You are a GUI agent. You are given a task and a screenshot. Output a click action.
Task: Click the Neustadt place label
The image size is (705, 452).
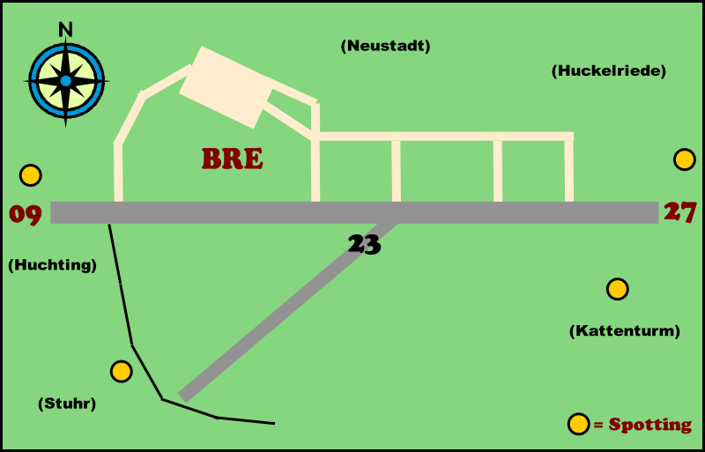385,47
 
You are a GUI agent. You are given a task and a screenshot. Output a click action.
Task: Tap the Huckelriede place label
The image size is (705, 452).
608,71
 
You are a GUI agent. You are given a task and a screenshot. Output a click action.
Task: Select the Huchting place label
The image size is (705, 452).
52,264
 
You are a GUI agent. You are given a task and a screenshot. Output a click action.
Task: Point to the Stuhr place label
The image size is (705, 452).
67,404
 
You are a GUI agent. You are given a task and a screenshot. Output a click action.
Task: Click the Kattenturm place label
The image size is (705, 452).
625,331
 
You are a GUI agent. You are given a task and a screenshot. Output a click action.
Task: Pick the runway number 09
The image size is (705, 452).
26,214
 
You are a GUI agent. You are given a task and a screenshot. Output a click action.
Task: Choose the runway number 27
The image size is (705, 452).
680,212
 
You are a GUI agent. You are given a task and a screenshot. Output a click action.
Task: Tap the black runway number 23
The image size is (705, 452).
364,244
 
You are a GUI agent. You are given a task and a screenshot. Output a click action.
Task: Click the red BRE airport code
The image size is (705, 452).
233,159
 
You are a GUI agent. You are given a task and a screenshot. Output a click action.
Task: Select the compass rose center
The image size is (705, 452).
66,80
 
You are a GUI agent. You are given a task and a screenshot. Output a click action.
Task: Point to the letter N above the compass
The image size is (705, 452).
65,29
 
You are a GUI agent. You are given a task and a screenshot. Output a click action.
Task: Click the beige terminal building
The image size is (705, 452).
226,86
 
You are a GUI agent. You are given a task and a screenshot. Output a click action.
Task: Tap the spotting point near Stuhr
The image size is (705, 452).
122,372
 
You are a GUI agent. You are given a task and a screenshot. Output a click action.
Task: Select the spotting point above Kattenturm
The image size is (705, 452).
617,289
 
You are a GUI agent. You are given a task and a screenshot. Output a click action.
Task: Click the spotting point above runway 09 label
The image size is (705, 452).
31,175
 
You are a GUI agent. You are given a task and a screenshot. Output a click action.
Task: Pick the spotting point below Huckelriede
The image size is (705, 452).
685,159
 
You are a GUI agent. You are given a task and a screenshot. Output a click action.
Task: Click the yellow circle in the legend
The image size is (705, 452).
578,424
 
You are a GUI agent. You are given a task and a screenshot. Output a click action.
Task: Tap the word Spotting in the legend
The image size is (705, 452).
650,425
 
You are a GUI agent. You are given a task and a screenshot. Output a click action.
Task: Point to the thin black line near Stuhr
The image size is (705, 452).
132,344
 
